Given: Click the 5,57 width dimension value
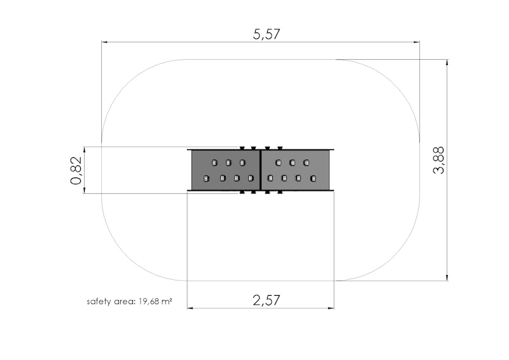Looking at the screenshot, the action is (x=266, y=34).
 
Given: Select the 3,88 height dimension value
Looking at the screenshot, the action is (x=438, y=160).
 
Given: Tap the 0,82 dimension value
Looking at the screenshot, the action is (x=76, y=170).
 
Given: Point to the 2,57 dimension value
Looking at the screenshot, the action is (x=266, y=300).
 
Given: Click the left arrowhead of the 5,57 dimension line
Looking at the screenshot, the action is (x=104, y=42).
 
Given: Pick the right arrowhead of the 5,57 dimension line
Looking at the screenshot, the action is (x=417, y=42).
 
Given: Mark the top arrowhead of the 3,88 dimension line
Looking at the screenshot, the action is (x=447, y=62).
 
